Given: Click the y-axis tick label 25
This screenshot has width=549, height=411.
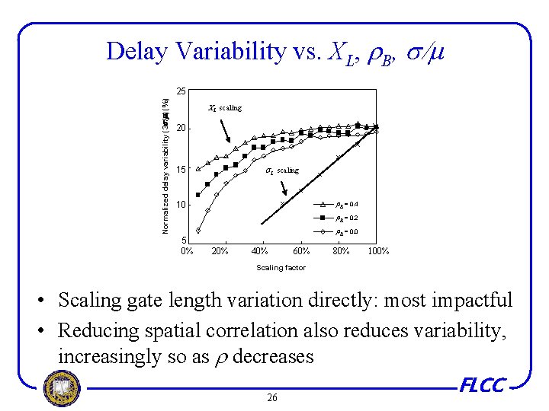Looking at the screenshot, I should [181, 91].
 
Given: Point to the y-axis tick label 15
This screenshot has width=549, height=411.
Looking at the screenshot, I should [181, 169].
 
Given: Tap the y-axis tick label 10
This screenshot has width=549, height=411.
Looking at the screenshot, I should [181, 205].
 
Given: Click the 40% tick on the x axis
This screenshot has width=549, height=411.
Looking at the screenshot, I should [259, 251].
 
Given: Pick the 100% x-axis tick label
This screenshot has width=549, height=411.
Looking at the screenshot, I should [378, 251].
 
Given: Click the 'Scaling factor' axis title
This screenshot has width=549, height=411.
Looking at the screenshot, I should [281, 268].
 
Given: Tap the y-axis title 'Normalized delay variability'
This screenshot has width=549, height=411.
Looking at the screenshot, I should [165, 164].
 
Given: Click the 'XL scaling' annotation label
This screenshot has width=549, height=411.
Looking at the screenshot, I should [225, 108].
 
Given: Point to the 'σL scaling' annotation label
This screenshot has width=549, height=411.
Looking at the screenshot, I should [281, 170].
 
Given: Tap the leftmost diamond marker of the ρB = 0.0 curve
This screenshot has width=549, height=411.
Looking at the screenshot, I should [198, 231].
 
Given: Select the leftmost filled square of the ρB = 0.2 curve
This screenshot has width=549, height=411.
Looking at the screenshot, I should [198, 195].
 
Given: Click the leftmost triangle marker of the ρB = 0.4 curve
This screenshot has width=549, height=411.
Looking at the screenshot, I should [198, 169].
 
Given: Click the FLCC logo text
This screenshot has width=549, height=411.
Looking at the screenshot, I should [483, 385].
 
